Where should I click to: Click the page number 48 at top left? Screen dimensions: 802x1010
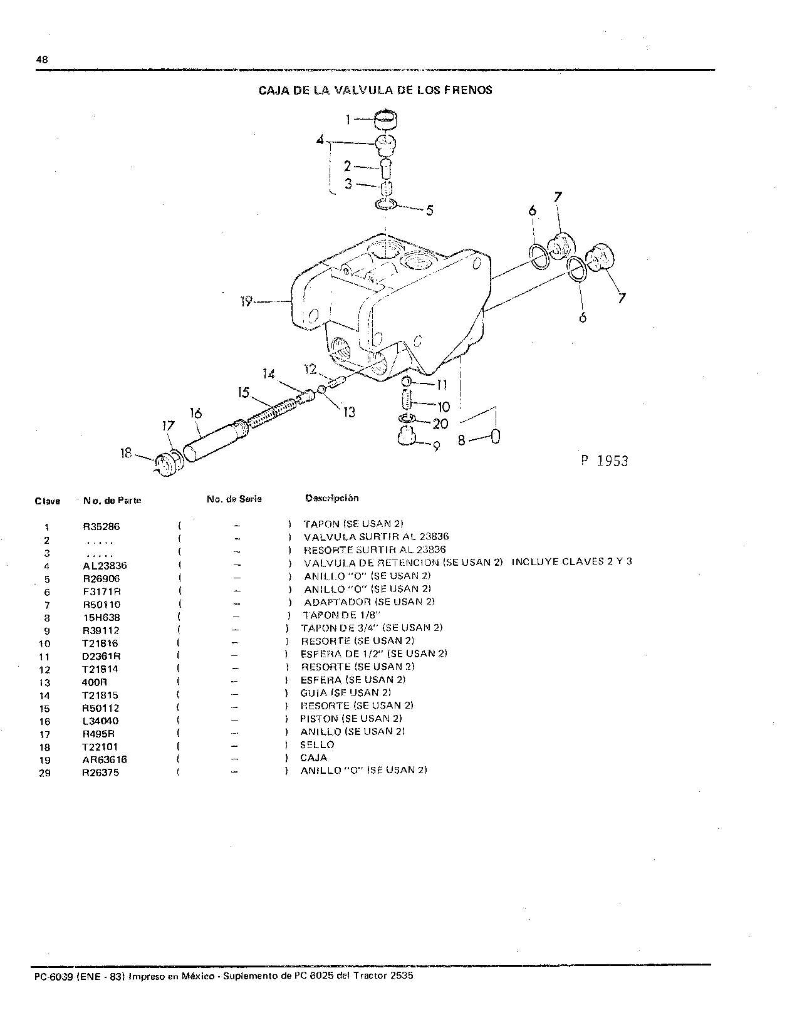[42, 60]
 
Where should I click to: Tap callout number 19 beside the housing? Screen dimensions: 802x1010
[246, 301]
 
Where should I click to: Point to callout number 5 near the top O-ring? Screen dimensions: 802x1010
[429, 211]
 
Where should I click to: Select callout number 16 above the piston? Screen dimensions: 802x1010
[195, 414]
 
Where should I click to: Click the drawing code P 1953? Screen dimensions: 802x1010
[605, 461]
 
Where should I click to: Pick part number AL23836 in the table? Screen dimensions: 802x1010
[105, 566]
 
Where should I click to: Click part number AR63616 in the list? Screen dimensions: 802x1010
[105, 759]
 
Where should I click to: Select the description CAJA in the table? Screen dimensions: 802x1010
[313, 757]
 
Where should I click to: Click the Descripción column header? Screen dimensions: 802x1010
[332, 498]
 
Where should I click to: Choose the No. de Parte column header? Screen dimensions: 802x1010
[112, 501]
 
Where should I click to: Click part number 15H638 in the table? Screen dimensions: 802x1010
[102, 618]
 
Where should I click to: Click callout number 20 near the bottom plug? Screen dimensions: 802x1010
[440, 424]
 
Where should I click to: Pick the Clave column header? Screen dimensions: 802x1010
[48, 501]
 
